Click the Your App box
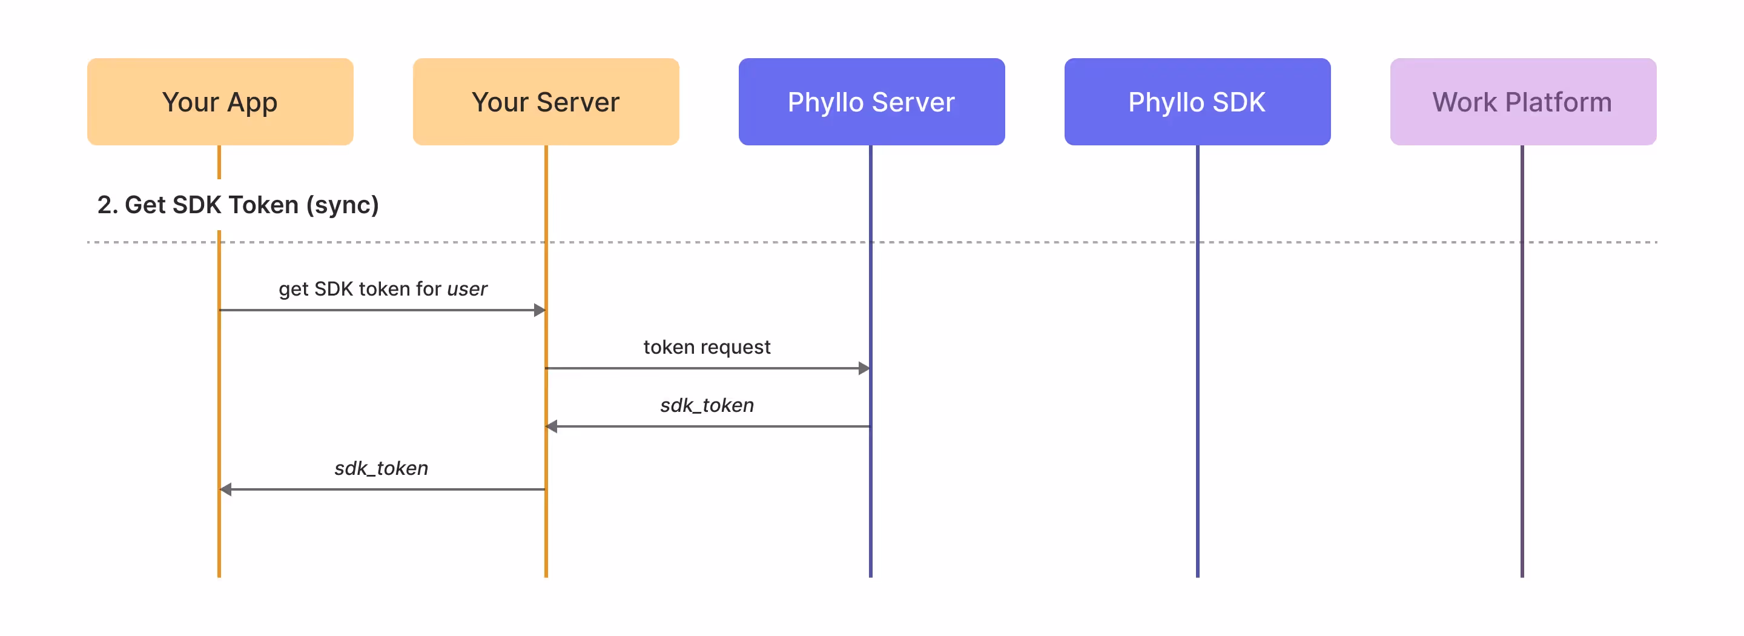click(x=220, y=102)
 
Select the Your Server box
click(x=546, y=102)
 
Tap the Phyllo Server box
click(x=871, y=102)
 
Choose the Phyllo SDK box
click(x=1197, y=102)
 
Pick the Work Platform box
click(x=1522, y=102)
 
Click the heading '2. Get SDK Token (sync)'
click(x=237, y=205)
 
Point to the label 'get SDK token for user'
click(x=383, y=289)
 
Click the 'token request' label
click(x=706, y=348)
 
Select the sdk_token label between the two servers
click(x=706, y=405)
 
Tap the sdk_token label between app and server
click(x=381, y=468)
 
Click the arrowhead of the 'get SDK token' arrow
click(x=540, y=310)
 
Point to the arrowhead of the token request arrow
click(x=864, y=368)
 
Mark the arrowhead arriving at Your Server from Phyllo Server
click(x=552, y=426)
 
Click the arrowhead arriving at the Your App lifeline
click(x=226, y=489)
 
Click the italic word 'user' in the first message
click(x=467, y=289)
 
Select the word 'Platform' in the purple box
click(x=1558, y=102)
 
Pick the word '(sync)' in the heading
click(x=343, y=205)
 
